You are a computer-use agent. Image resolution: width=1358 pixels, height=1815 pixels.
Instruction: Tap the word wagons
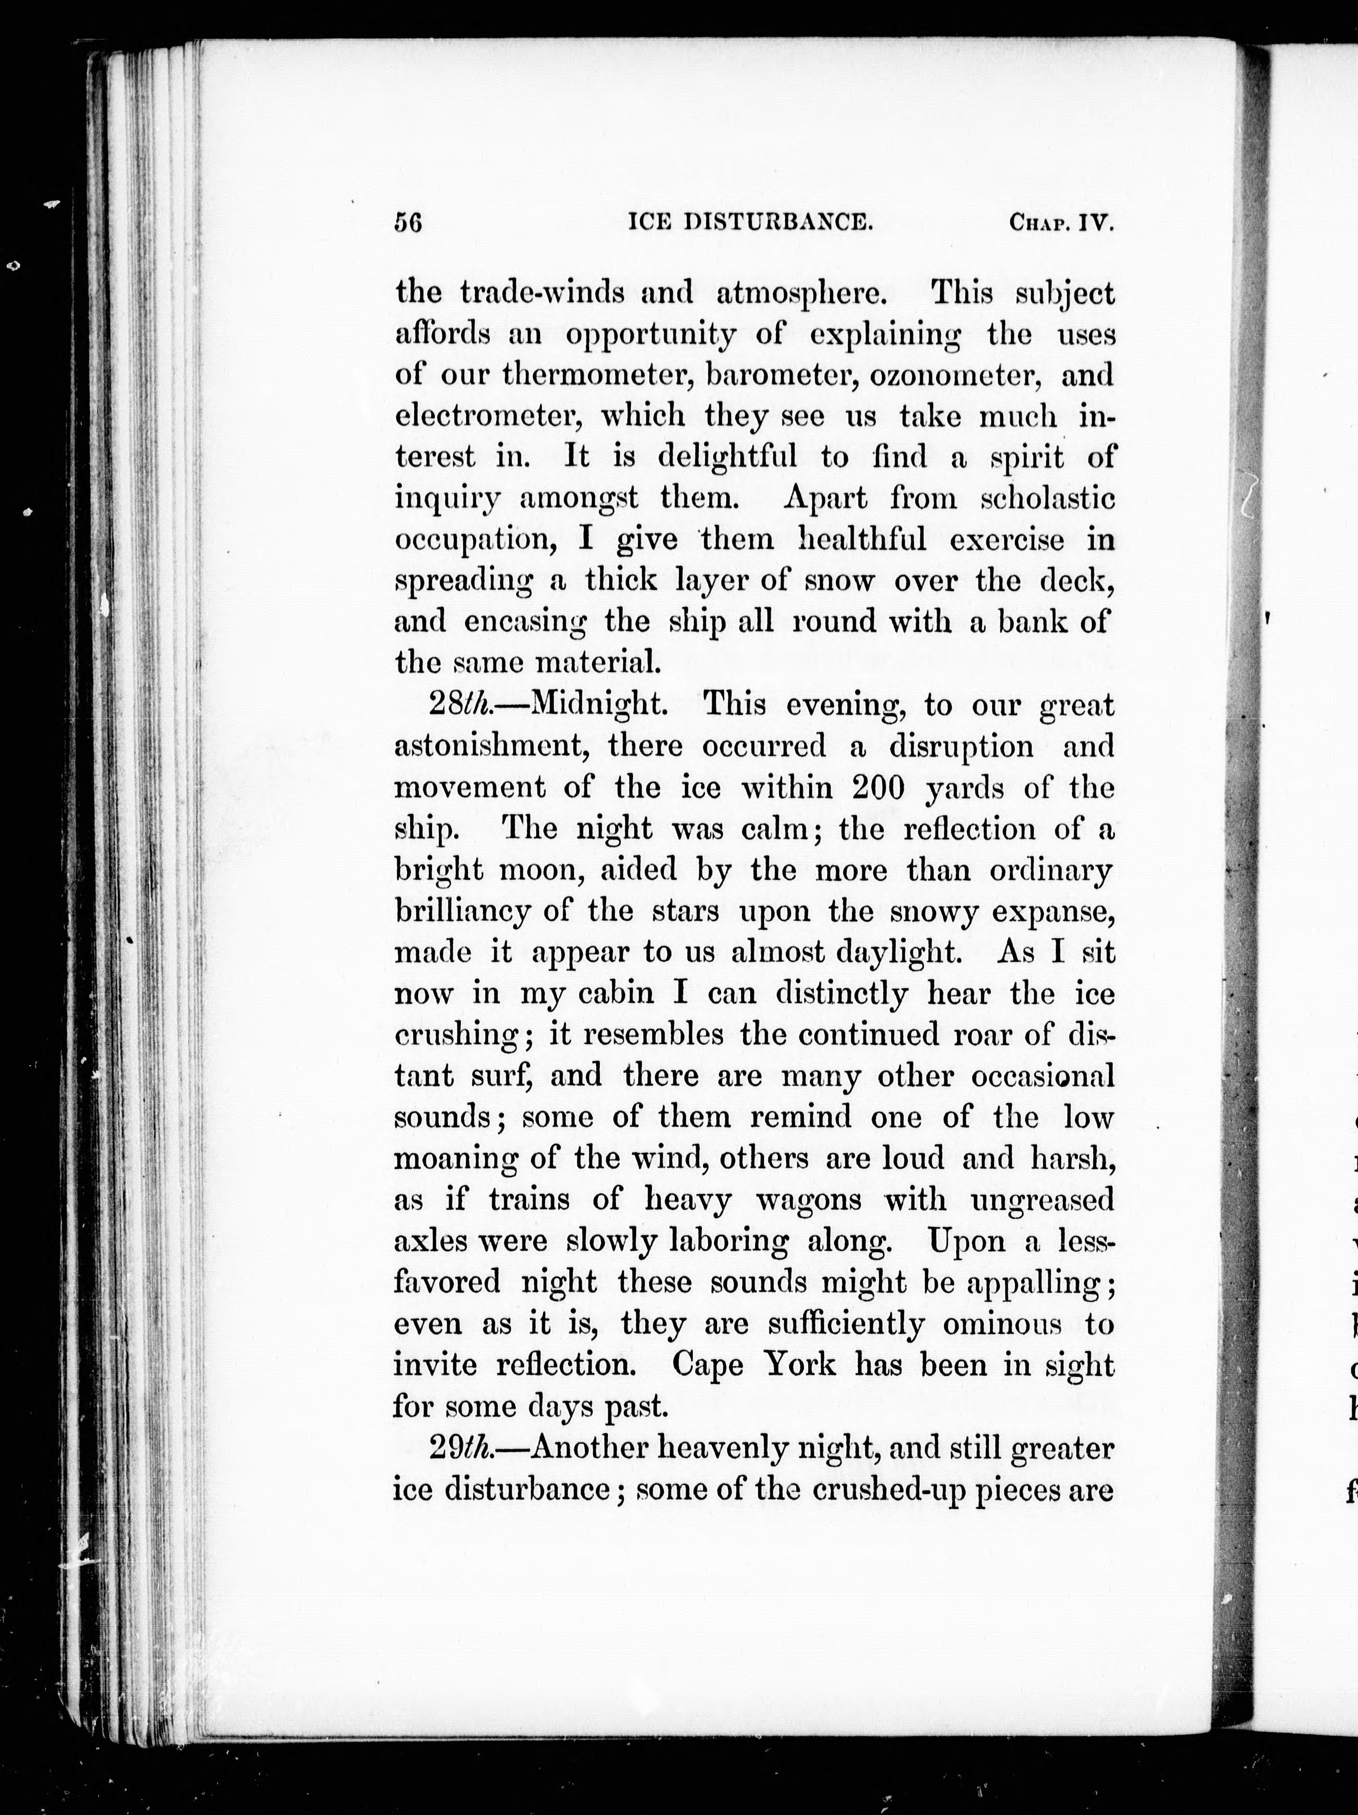coord(808,1201)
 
